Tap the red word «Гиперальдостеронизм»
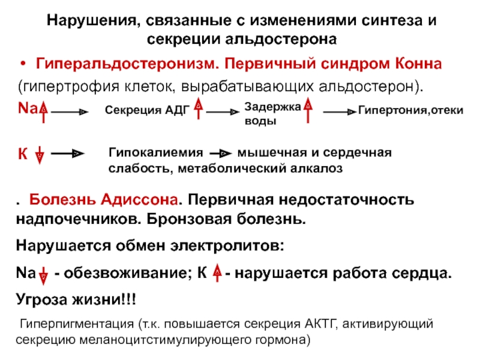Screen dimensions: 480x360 click(x=127, y=64)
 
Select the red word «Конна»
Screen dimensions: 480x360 click(x=418, y=64)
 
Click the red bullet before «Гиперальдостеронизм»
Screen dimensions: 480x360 click(x=23, y=64)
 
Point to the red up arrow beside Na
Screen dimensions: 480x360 click(x=44, y=112)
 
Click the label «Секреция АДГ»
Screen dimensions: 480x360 click(x=147, y=110)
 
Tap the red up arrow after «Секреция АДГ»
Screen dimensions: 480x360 click(x=199, y=108)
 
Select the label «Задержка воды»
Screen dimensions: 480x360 click(x=272, y=113)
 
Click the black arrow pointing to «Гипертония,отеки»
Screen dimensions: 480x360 click(x=340, y=112)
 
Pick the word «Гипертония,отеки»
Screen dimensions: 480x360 click(x=410, y=110)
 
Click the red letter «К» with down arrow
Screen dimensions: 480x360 click(x=23, y=154)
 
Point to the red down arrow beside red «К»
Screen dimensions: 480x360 click(x=39, y=155)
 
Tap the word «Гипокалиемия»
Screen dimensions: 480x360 click(x=155, y=152)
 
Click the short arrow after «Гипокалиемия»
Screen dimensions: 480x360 click(x=220, y=153)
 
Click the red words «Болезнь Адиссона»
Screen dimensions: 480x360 click(x=103, y=200)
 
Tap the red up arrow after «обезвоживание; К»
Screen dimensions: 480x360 click(x=217, y=272)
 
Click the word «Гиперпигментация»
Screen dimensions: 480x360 click(x=77, y=324)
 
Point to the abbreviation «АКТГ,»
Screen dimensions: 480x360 click(x=321, y=324)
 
